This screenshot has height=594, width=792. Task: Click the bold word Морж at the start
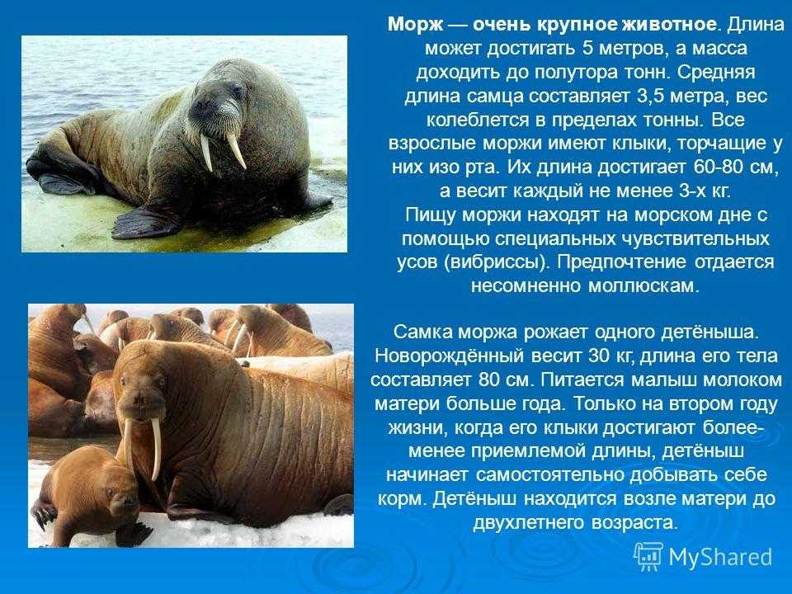tap(415, 25)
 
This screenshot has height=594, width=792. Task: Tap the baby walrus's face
tap(119, 494)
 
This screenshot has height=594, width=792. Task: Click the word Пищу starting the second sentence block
tap(431, 215)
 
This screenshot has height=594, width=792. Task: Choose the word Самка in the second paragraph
tap(422, 332)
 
